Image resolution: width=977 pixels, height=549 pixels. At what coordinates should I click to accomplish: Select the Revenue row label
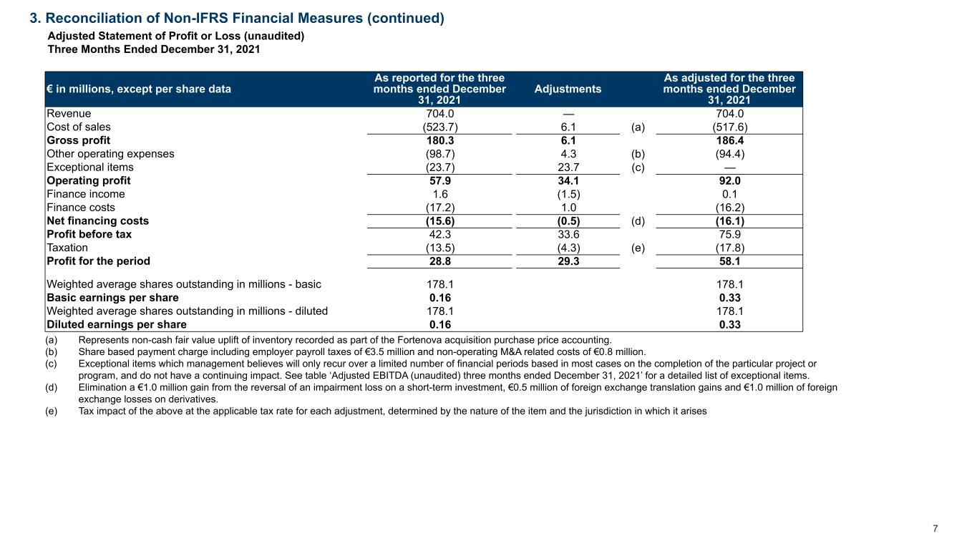[69, 113]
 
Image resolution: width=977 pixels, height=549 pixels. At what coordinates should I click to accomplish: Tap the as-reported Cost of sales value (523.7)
[439, 127]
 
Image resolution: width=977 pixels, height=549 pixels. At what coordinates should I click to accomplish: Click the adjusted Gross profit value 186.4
[729, 140]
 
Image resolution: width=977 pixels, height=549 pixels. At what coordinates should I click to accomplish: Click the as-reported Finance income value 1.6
[440, 194]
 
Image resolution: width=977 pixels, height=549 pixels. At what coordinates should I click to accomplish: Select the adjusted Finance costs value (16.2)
[729, 208]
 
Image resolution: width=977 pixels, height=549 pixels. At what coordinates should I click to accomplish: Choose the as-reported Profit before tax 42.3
[439, 234]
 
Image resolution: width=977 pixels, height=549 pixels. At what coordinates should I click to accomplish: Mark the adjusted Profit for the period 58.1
[729, 261]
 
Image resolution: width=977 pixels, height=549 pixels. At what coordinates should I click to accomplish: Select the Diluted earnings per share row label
[117, 324]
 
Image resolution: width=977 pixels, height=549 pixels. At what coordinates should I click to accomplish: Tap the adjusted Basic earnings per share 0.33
[729, 298]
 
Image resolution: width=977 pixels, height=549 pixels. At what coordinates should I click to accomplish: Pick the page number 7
[935, 529]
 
